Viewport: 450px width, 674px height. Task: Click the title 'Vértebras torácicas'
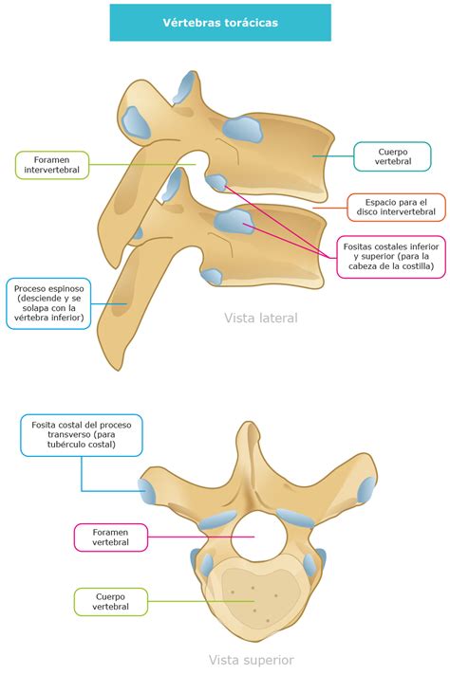[x=220, y=23]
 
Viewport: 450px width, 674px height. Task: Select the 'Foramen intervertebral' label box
[x=52, y=165]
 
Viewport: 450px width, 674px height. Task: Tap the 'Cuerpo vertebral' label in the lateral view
[x=392, y=156]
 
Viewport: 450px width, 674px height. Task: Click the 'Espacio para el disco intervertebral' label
[x=396, y=208]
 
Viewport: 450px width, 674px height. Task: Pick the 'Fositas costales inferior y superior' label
[x=391, y=257]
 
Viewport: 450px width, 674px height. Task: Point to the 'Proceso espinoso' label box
[x=48, y=303]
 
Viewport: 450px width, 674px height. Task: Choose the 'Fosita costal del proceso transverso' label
[x=82, y=434]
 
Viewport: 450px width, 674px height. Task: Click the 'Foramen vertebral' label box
[x=111, y=537]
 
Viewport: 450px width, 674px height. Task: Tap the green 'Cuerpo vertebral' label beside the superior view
[x=111, y=602]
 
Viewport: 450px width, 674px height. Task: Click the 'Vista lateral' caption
[x=261, y=319]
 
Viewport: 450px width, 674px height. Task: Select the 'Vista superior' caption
[x=252, y=660]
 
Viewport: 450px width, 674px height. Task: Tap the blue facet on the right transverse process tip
[x=366, y=490]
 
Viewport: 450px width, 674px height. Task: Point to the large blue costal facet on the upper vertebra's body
[x=242, y=129]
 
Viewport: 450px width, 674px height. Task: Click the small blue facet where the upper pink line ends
[x=216, y=182]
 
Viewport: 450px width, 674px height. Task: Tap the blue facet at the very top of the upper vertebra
[x=186, y=86]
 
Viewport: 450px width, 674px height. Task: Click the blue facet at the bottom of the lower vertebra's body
[x=212, y=276]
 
